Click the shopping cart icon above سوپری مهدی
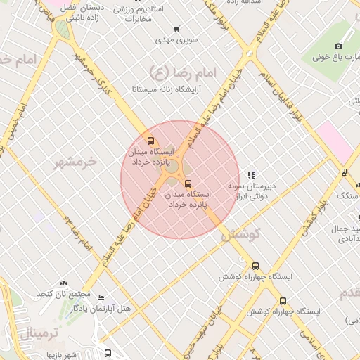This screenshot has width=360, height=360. click(x=176, y=30)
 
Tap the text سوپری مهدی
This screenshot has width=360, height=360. click(x=175, y=41)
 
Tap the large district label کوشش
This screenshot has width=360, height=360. click(x=240, y=234)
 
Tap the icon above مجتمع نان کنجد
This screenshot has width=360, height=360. click(x=64, y=282)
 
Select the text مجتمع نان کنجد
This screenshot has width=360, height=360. click(x=64, y=293)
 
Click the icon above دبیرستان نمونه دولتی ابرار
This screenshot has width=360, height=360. click(x=252, y=174)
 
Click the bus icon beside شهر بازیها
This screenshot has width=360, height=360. click(x=107, y=353)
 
